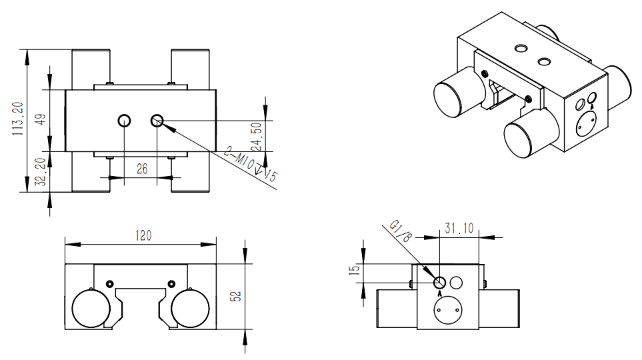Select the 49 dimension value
point(41,120)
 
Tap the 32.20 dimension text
point(41,171)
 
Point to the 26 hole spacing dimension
point(141,169)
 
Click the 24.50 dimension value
point(255,137)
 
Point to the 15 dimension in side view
point(355,269)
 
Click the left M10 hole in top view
point(124,120)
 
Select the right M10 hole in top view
point(157,120)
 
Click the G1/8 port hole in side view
point(439,282)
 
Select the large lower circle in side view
point(448,310)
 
